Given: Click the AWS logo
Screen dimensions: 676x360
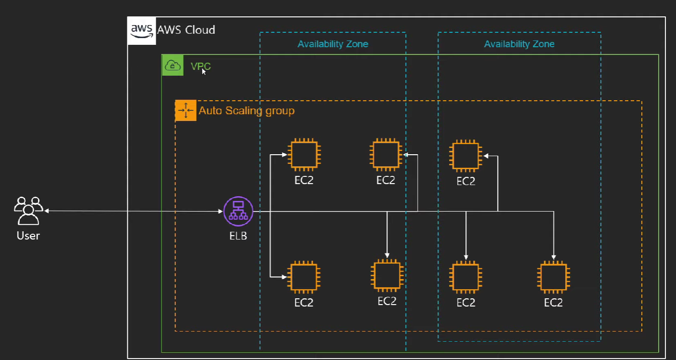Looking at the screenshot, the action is tap(142, 31).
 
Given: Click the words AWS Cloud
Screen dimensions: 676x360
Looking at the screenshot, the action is tap(186, 30).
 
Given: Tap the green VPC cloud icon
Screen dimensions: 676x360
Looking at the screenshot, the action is tap(172, 65).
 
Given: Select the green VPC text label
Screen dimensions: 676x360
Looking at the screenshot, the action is tap(201, 66).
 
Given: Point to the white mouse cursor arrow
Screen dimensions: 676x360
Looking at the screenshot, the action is tap(204, 71).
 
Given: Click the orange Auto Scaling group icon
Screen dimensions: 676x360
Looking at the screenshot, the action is tap(186, 110).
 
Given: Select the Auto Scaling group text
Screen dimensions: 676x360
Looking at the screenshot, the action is tap(247, 111).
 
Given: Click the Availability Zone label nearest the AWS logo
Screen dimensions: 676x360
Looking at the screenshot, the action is tap(333, 44).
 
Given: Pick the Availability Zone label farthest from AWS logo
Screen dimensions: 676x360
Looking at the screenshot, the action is tap(519, 44).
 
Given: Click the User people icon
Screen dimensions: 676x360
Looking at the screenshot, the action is tap(28, 211).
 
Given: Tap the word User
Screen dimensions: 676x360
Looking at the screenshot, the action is tap(28, 236).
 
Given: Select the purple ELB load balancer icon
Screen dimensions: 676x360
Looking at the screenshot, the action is tap(238, 211).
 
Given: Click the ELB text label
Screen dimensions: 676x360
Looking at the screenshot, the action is tap(238, 236).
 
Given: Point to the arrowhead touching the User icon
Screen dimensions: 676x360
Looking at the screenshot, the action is tap(46, 211).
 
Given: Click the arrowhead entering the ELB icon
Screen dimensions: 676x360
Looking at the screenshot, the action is tap(221, 211).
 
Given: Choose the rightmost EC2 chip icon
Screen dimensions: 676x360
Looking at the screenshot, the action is tap(554, 277).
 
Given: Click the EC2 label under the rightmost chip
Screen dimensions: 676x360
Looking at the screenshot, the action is tap(553, 303).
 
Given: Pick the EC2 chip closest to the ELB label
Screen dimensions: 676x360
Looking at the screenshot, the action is tap(304, 277).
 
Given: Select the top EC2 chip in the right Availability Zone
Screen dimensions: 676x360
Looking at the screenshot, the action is tap(465, 156).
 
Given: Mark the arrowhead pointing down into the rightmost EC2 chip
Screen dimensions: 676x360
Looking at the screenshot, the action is tap(554, 257).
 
